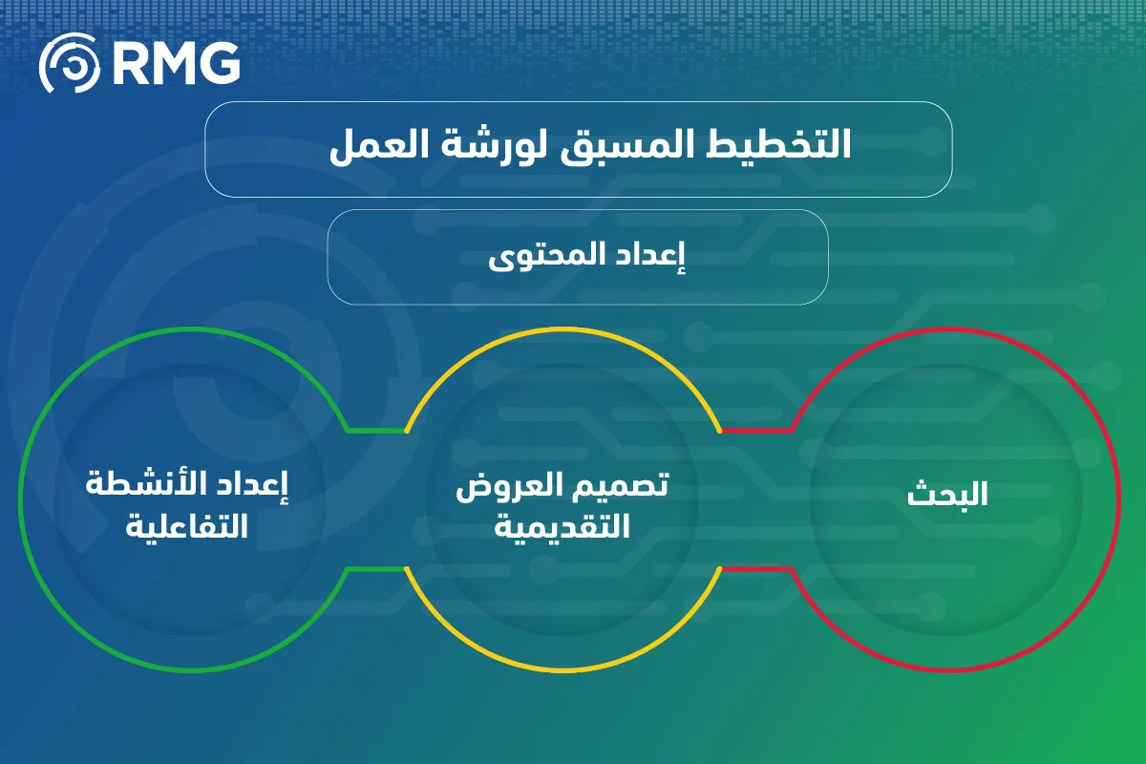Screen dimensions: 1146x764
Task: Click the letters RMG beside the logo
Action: [x=176, y=63]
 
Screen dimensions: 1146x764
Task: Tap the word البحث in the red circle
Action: [x=947, y=494]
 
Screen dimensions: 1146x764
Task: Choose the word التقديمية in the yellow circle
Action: [x=562, y=525]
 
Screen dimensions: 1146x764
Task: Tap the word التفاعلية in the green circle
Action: [x=187, y=524]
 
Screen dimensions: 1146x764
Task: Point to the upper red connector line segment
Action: [x=756, y=431]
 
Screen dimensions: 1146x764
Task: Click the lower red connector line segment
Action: [x=756, y=568]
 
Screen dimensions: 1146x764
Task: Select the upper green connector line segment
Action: [x=377, y=431]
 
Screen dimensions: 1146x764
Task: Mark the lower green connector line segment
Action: [x=377, y=568]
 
